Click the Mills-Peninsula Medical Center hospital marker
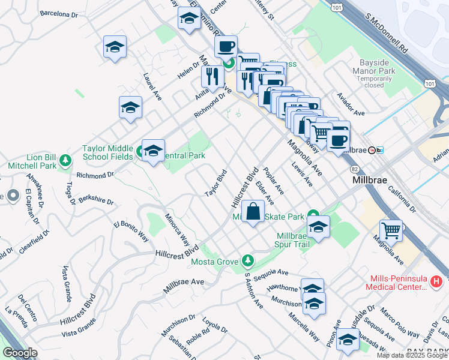[x=437, y=280]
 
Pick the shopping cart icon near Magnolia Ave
[x=391, y=230]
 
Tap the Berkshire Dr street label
[x=96, y=199]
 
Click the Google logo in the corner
[x=20, y=353]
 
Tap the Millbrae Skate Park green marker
[x=313, y=215]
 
